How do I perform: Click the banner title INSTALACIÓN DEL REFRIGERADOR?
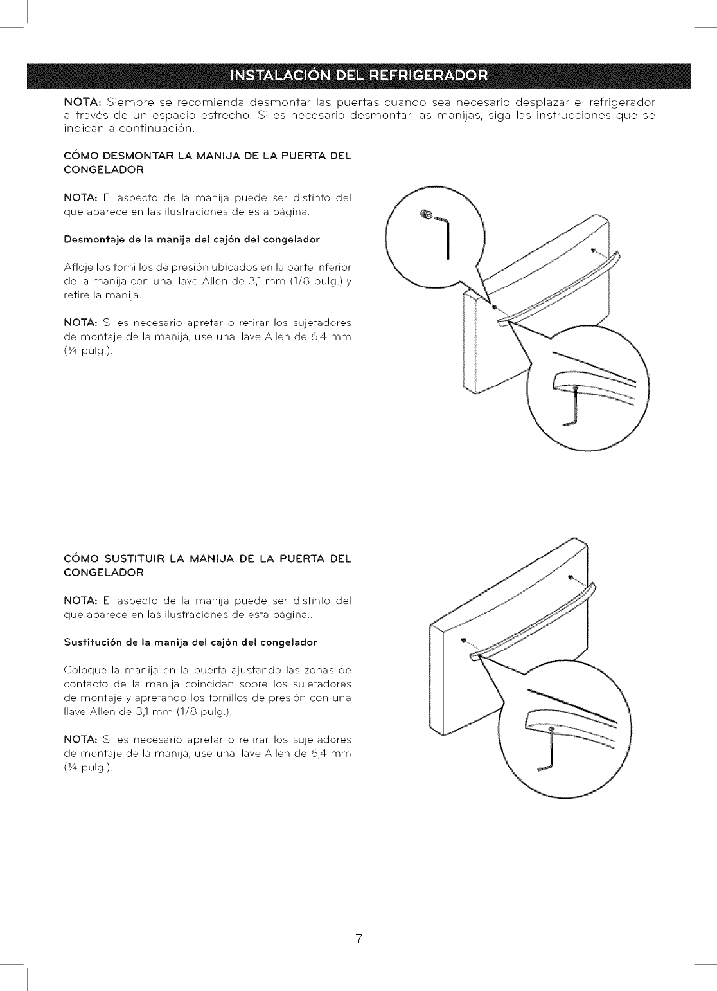pyautogui.click(x=358, y=76)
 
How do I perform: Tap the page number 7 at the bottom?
pyautogui.click(x=359, y=939)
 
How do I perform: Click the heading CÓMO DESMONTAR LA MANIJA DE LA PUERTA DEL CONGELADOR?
pyautogui.click(x=208, y=163)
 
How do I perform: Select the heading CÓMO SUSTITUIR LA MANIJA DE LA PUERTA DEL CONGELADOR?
pyautogui.click(x=208, y=565)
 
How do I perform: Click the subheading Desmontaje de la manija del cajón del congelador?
pyautogui.click(x=191, y=239)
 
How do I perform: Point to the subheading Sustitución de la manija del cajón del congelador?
pyautogui.click(x=190, y=642)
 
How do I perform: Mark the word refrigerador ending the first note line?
pyautogui.click(x=622, y=102)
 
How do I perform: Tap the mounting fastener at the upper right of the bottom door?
pyautogui.click(x=572, y=577)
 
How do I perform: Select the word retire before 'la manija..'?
pyautogui.click(x=77, y=295)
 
